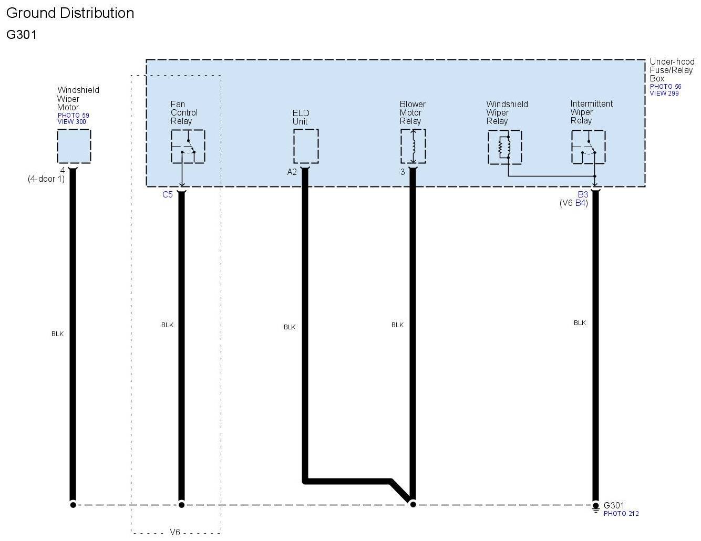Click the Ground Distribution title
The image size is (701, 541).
click(x=70, y=13)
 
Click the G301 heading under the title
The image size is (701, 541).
click(x=22, y=35)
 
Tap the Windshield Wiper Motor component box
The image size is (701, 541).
click(x=74, y=146)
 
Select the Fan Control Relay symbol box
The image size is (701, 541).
click(x=188, y=147)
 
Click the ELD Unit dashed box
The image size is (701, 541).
click(x=306, y=147)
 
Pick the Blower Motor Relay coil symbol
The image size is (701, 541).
click(x=413, y=147)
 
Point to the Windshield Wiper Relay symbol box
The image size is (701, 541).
click(x=504, y=147)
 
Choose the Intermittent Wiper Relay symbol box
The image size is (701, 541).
click(x=588, y=147)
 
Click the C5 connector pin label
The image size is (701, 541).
click(x=167, y=195)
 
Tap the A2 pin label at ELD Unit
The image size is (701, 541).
click(x=292, y=172)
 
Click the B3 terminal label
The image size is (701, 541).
click(x=583, y=195)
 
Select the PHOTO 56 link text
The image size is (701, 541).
click(x=665, y=87)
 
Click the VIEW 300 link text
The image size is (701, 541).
click(x=71, y=122)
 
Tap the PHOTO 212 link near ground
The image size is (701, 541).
click(x=621, y=514)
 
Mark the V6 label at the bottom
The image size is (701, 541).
click(x=175, y=533)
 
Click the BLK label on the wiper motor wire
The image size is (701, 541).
click(x=57, y=334)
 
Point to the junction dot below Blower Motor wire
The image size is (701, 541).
click(x=413, y=504)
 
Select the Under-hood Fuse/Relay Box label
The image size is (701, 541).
click(x=671, y=70)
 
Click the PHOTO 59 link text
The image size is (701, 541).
click(x=73, y=116)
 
